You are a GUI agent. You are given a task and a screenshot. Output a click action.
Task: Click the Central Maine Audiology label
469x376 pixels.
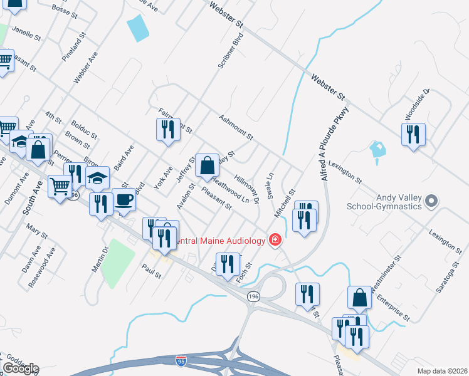[x=219, y=240]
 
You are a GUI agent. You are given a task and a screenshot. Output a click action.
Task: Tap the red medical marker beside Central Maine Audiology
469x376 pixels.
[x=275, y=239]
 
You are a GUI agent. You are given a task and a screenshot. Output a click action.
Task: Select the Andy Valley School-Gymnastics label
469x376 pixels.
[x=398, y=202]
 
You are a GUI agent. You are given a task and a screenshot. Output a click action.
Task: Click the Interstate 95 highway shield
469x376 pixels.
[x=181, y=360]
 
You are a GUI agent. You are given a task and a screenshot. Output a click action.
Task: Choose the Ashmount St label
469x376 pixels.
[x=236, y=127]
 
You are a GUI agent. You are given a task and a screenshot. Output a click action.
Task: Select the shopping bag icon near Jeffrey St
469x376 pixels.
[x=207, y=166]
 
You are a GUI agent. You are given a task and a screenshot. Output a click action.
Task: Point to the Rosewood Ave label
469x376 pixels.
[x=41, y=267]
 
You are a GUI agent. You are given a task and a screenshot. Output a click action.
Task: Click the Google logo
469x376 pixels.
[x=21, y=368]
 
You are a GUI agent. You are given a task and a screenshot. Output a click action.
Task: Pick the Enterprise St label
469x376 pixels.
[x=394, y=306]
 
